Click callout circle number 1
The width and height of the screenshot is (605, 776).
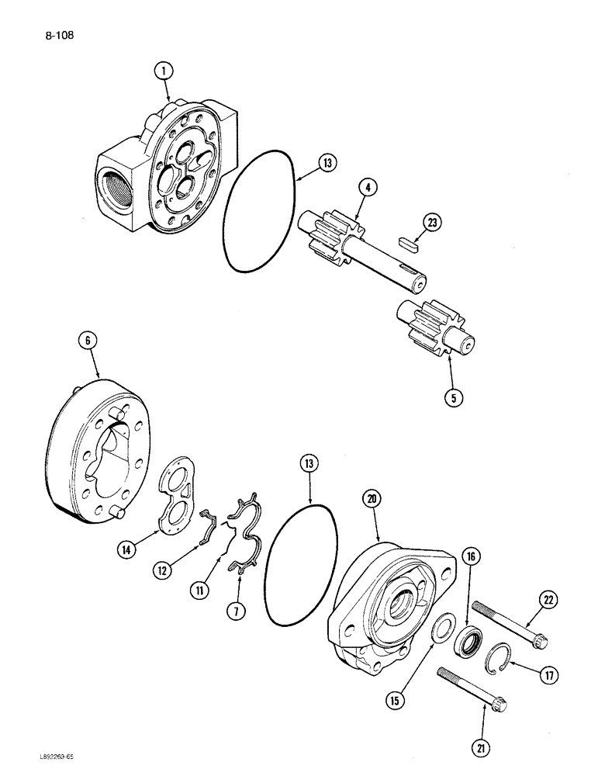click(162, 72)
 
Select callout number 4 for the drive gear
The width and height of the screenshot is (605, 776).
click(368, 186)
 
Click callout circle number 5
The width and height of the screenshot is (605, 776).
click(454, 397)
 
